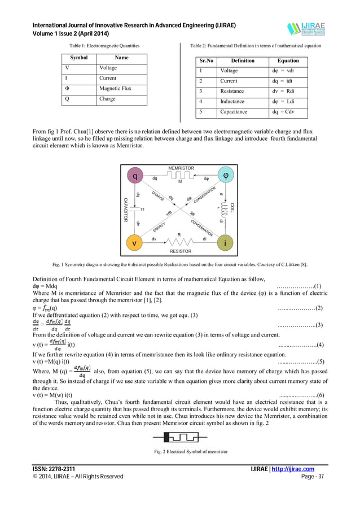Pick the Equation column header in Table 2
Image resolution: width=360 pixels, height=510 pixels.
(288, 60)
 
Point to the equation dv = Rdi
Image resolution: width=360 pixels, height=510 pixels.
(283, 91)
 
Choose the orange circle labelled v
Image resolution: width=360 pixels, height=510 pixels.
(134, 243)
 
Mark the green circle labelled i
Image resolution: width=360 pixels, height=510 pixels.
(226, 243)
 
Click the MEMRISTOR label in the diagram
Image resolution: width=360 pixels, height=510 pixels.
(181, 169)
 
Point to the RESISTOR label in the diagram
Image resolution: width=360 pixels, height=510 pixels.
(180, 251)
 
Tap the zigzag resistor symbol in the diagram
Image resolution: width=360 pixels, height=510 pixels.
(179, 241)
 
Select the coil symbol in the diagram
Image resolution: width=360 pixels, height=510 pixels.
(226, 210)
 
